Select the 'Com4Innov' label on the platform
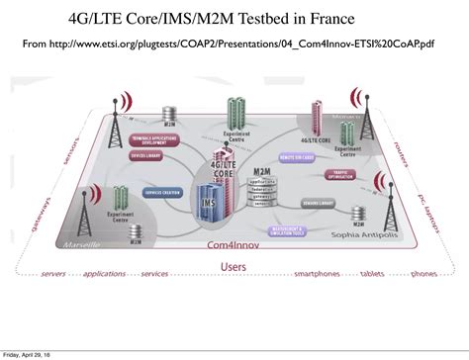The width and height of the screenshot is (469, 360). click(230, 243)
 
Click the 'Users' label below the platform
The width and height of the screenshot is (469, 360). click(234, 266)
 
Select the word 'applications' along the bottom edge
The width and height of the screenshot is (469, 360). click(105, 274)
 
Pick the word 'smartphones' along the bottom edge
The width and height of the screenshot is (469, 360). click(318, 274)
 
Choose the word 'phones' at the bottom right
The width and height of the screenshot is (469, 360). click(423, 274)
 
